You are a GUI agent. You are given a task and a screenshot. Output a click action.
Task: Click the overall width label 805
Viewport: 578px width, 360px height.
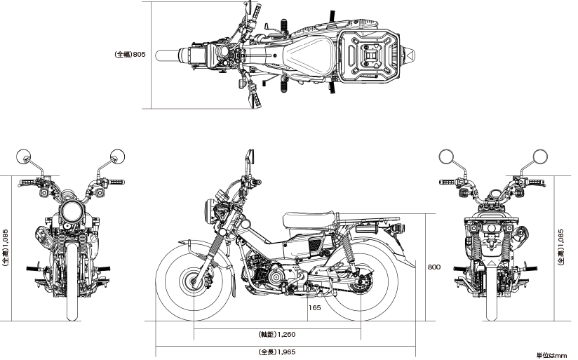point(139,55)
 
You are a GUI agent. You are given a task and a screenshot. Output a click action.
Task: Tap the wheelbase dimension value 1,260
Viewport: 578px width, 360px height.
point(286,335)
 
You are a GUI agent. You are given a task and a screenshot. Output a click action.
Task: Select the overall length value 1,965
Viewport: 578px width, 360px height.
point(286,352)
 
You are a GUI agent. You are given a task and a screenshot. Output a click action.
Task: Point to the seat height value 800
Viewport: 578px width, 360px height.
point(434,267)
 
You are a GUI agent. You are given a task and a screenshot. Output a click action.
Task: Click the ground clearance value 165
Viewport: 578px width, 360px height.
point(314,307)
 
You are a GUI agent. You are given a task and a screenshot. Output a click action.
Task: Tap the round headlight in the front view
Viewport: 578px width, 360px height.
point(72,211)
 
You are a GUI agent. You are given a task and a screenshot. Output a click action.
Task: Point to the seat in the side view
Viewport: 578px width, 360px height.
point(309,220)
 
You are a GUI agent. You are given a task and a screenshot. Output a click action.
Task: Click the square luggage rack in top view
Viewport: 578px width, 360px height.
point(370,55)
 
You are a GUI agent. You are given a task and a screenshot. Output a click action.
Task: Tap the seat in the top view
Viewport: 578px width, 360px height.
point(310,55)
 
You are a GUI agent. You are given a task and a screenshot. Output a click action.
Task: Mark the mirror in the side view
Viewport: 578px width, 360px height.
point(250,156)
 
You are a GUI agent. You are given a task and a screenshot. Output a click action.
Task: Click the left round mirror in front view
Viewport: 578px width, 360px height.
point(24,156)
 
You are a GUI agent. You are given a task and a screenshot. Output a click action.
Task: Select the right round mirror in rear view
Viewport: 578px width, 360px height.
point(540,156)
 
